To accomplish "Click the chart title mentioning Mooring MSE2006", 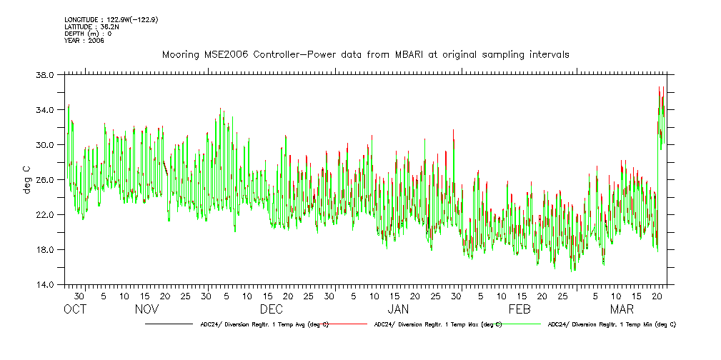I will [x=365, y=55].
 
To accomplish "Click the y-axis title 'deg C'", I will [x=26, y=179].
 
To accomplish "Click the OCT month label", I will [x=75, y=309].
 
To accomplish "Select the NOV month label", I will [x=146, y=309].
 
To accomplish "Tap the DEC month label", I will [x=271, y=309].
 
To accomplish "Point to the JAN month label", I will [x=397, y=309].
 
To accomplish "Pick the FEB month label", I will [x=519, y=309].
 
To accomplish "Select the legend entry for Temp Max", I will [x=437, y=324].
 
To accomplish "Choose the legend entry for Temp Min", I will [x=611, y=324].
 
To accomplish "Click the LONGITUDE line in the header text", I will [x=111, y=19].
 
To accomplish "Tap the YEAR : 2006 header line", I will [x=84, y=41].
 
